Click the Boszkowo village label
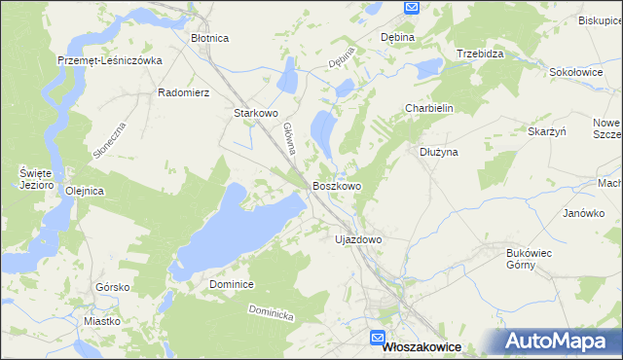pyautogui.click(x=337, y=185)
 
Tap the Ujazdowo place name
pyautogui.click(x=357, y=238)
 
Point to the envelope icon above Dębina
pyautogui.click(x=411, y=8)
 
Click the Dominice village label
pyautogui.click(x=232, y=284)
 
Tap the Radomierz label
pyautogui.click(x=184, y=93)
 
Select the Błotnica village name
pyautogui.click(x=209, y=38)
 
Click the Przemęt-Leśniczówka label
pyautogui.click(x=109, y=59)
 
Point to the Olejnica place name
pyautogui.click(x=84, y=191)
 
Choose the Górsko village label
pyautogui.click(x=113, y=287)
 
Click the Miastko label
pyautogui.click(x=102, y=320)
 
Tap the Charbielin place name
pyautogui.click(x=430, y=109)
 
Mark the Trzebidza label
pyautogui.click(x=480, y=54)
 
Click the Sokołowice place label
pyautogui.click(x=570, y=71)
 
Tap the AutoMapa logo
pyautogui.click(x=560, y=341)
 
